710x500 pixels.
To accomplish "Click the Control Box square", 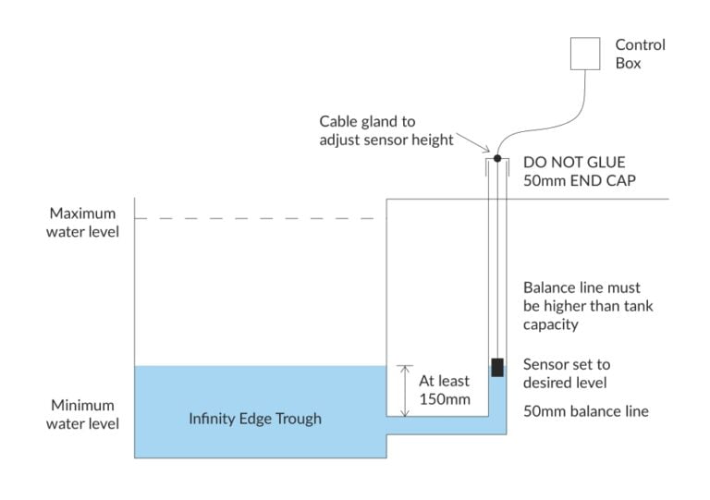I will [585, 53].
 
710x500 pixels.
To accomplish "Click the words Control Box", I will [640, 54].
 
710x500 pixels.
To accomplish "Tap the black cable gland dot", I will [496, 159].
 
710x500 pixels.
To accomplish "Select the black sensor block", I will [497, 367].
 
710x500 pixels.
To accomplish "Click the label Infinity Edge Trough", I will [255, 419].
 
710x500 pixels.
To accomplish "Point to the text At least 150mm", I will [445, 390].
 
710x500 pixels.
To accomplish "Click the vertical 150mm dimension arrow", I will [403, 390].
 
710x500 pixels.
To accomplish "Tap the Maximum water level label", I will [83, 222].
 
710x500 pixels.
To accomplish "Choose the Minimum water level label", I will [83, 415].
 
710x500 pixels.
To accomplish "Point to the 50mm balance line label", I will [585, 411].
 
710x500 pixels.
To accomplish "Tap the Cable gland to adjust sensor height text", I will [386, 130].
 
